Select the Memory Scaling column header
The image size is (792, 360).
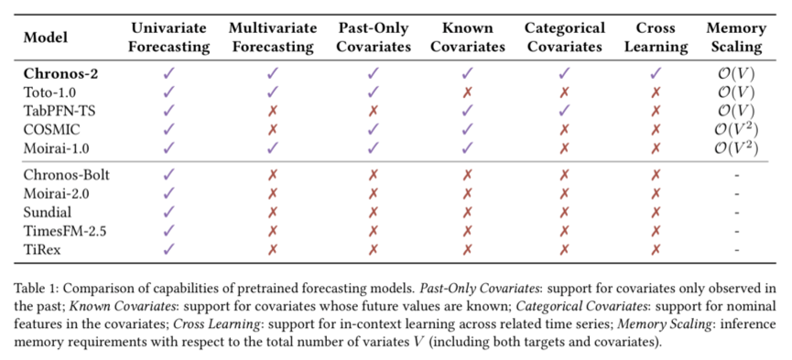pos(735,38)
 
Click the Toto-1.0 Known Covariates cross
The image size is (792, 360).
pos(468,93)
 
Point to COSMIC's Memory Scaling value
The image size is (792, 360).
pos(735,129)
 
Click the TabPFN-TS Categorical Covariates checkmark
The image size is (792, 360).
pos(564,111)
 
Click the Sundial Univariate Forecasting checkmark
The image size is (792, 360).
pos(168,211)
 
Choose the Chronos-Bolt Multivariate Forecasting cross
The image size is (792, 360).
pos(272,174)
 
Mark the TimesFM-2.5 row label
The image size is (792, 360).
pos(65,229)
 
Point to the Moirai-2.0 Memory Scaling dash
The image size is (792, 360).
pos(735,192)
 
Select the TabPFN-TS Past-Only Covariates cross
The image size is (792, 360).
pos(373,111)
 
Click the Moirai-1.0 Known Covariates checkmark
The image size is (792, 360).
pos(468,147)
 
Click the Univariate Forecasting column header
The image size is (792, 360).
pos(168,38)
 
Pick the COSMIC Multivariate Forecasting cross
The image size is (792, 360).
pos(272,129)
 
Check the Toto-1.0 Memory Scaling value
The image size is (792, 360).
pos(735,93)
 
